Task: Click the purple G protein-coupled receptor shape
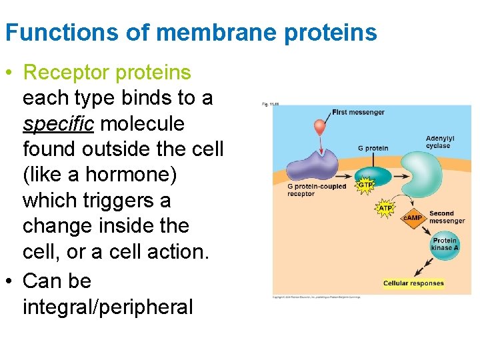click(x=310, y=163)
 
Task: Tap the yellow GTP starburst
click(x=366, y=185)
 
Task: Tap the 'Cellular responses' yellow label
click(x=413, y=283)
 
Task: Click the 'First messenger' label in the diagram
click(x=358, y=112)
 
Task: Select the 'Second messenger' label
click(x=447, y=217)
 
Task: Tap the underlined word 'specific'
click(x=56, y=124)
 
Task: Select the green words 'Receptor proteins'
click(x=107, y=72)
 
